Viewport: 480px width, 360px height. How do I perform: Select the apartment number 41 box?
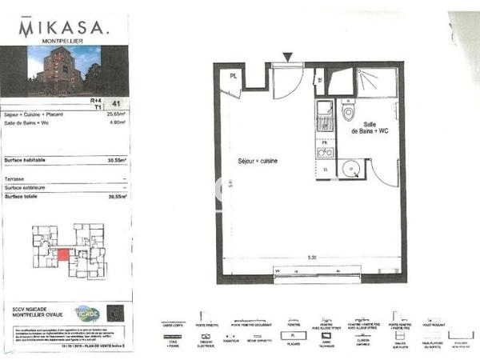click(118, 104)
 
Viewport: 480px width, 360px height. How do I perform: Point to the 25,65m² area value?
click(117, 114)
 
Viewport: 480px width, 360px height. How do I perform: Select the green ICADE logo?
click(86, 313)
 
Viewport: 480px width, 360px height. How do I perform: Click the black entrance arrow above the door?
click(288, 56)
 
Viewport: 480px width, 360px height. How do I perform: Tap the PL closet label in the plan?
click(233, 75)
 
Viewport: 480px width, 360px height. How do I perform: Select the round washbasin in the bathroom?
click(350, 168)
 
